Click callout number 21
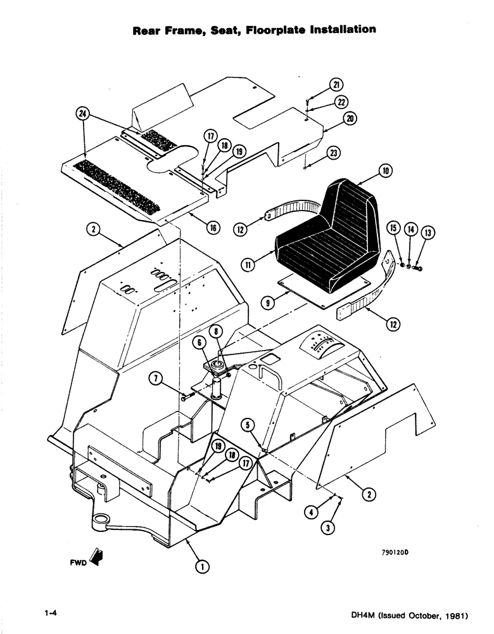click(336, 86)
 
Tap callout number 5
click(248, 425)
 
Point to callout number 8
click(216, 330)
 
